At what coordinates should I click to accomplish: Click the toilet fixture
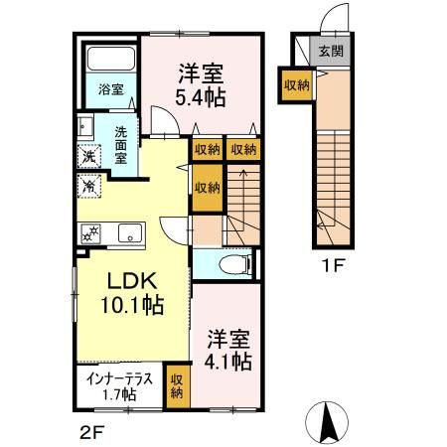point(236,264)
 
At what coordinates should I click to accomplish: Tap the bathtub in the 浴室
point(111,59)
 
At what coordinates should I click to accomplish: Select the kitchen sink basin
point(130,233)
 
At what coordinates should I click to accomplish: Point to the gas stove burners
point(90,233)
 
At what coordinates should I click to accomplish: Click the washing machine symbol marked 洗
point(88,156)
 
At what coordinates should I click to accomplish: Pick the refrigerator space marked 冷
point(88,186)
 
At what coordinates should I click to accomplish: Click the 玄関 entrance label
point(331,52)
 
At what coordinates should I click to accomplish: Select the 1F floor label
point(334,265)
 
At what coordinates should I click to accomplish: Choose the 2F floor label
point(92,432)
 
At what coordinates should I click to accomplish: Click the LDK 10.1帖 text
point(132,293)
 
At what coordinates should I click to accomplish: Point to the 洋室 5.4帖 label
point(201,84)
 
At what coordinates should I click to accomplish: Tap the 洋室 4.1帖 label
point(228,350)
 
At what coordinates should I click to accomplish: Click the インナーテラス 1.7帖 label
point(119,386)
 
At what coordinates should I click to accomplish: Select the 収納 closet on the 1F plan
point(297,85)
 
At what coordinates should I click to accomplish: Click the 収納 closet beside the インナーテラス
point(177,386)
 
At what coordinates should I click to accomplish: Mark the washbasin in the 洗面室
point(85,125)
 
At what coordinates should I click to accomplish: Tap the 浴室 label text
point(111,89)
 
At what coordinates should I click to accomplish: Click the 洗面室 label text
point(121,145)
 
